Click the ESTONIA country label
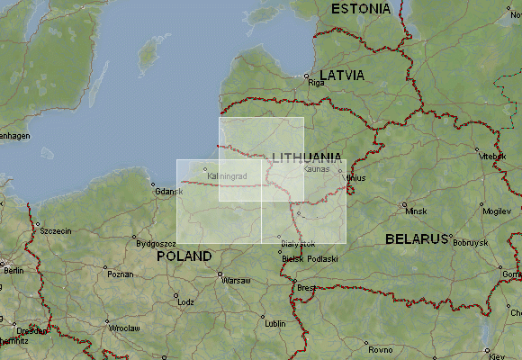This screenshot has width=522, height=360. click(361, 9)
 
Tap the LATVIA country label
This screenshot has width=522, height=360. click(342, 76)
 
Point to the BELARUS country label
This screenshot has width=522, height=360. click(417, 239)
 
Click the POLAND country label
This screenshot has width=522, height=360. click(184, 256)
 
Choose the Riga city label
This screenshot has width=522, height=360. click(316, 83)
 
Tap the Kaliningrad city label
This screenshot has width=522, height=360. click(227, 175)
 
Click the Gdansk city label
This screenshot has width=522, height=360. click(168, 191)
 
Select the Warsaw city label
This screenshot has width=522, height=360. click(236, 281)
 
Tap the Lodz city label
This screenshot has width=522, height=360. click(185, 302)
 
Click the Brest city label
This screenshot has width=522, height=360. click(308, 288)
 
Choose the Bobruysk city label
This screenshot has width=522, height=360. click(470, 243)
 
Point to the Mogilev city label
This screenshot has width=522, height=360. click(496, 211)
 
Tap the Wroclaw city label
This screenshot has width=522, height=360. click(125, 328)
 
